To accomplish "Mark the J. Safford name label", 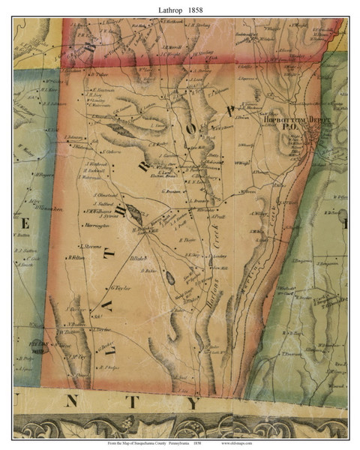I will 102,203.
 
